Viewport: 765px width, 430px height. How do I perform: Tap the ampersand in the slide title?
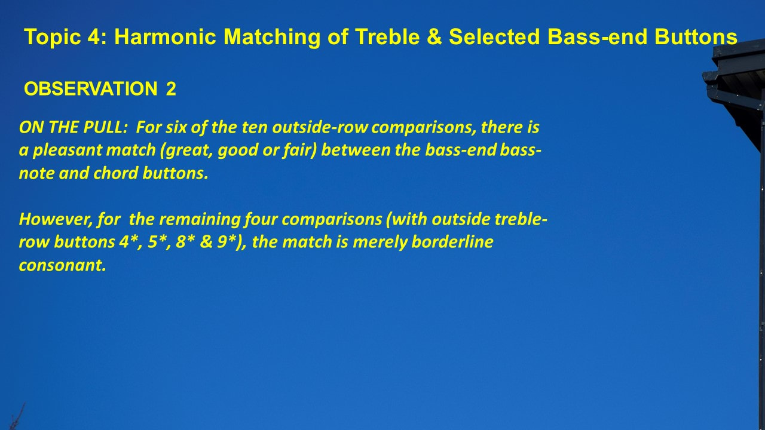coord(434,36)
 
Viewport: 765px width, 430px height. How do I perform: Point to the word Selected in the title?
coord(494,36)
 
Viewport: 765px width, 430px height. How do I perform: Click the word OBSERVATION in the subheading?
coord(90,89)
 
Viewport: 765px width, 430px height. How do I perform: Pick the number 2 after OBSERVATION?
coord(171,89)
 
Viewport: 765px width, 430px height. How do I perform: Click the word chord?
coord(115,173)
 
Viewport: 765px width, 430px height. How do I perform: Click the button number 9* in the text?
coord(227,242)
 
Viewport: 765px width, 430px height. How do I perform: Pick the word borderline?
coord(452,242)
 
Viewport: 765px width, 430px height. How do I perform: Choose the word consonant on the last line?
coord(62,265)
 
